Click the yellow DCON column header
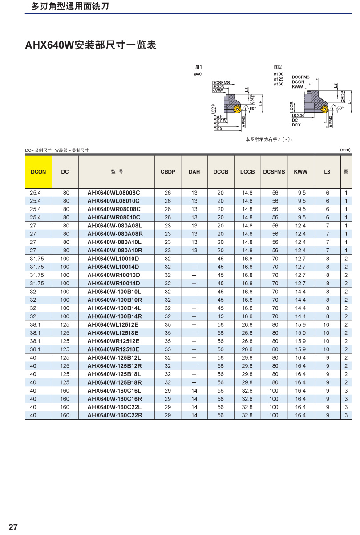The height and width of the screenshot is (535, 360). pyautogui.click(x=38, y=172)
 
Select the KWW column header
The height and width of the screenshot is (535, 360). pyautogui.click(x=300, y=172)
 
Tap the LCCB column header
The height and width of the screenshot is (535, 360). pyautogui.click(x=247, y=172)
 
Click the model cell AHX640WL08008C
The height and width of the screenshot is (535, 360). pyautogui.click(x=113, y=193)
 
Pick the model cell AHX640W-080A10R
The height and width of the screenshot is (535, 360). pyautogui.click(x=115, y=250)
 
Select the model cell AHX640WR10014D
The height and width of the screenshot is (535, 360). pyautogui.click(x=113, y=283)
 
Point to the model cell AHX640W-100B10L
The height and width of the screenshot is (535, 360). pyautogui.click(x=115, y=292)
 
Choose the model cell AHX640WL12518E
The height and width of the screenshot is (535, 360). pyautogui.click(x=113, y=332)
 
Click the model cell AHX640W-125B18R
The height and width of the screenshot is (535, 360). pyautogui.click(x=115, y=382)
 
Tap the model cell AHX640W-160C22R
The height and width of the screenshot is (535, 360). pyautogui.click(x=115, y=415)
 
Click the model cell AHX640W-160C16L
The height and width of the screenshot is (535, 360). pyautogui.click(x=115, y=390)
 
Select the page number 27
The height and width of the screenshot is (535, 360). pyautogui.click(x=13, y=527)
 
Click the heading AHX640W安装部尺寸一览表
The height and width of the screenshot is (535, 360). pyautogui.click(x=91, y=45)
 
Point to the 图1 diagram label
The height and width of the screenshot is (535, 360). pyautogui.click(x=198, y=67)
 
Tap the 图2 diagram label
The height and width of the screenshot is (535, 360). pyautogui.click(x=278, y=67)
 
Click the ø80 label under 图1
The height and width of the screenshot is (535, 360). pyautogui.click(x=198, y=73)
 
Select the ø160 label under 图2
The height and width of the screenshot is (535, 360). pyautogui.click(x=278, y=84)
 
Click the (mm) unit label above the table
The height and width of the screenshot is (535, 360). pyautogui.click(x=345, y=150)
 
